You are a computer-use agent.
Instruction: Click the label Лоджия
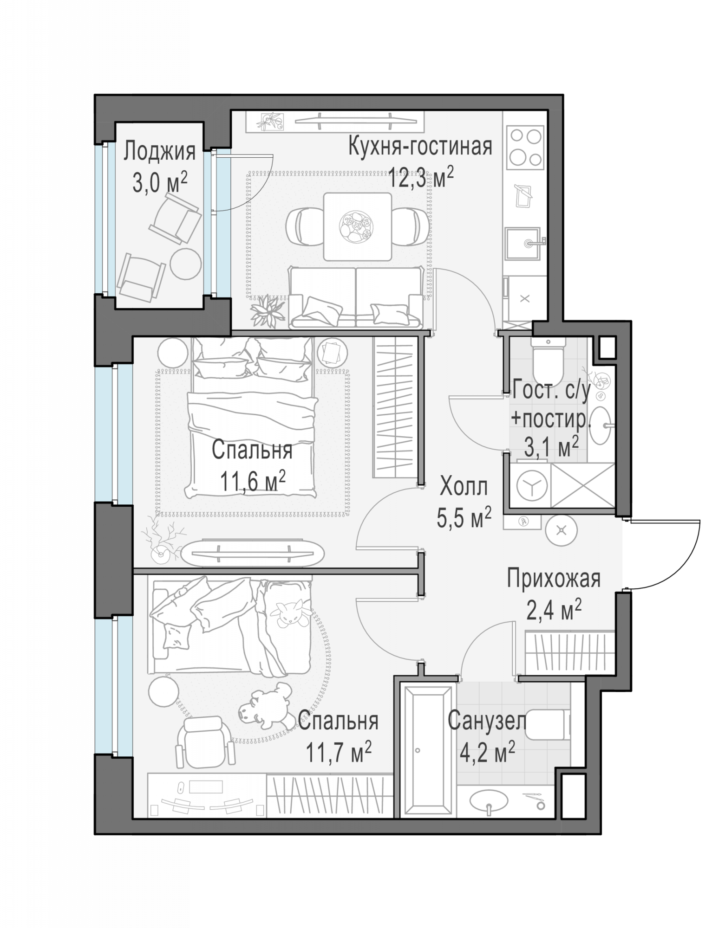tap(159, 152)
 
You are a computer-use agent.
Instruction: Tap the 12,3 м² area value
tap(421, 177)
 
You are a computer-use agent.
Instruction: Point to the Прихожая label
tap(554, 579)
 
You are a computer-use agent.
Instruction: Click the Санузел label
tap(487, 722)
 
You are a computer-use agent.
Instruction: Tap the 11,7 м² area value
tap(339, 753)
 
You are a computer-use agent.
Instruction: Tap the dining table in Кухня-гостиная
tap(358, 226)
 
